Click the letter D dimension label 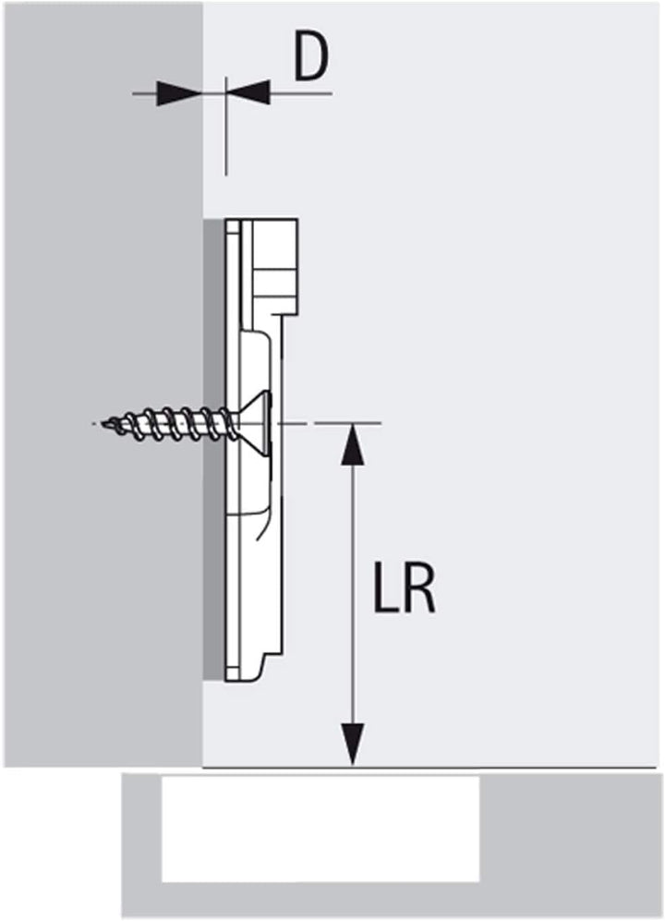310,59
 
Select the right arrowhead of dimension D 248,92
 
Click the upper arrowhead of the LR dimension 352,443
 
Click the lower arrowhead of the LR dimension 352,745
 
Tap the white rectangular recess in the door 320,830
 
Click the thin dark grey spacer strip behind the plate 214,450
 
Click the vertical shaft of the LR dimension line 352,594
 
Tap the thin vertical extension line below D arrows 226,126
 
